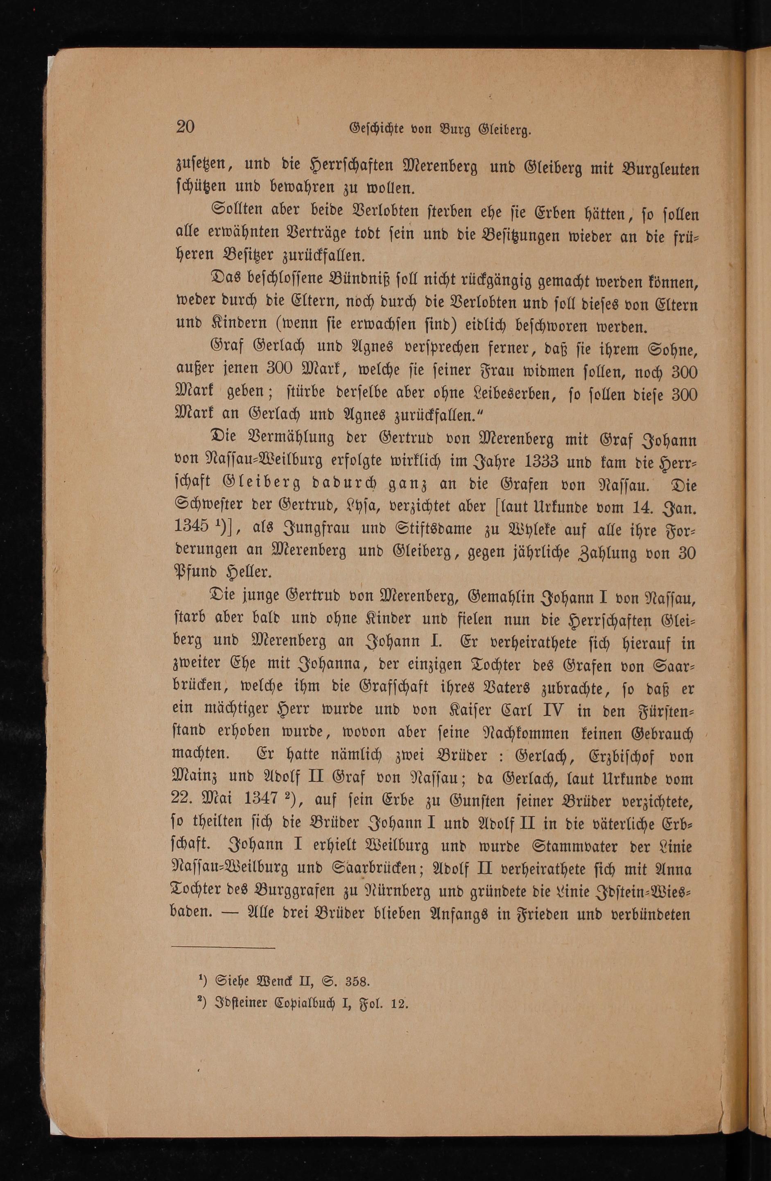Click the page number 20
tap(185, 127)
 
